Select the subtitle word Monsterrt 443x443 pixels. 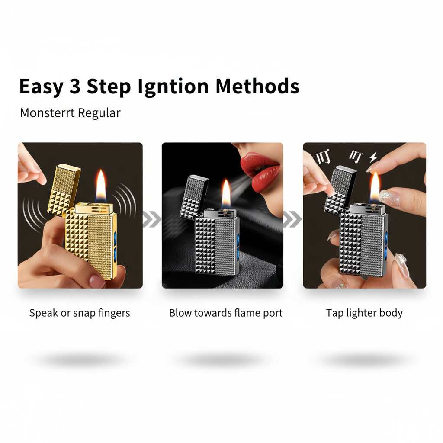[47, 113]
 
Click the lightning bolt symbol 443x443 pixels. [372, 157]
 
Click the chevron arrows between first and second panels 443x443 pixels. [152, 219]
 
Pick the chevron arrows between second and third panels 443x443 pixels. [293, 219]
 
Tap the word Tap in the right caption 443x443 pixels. [334, 313]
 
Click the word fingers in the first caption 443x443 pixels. [114, 313]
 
